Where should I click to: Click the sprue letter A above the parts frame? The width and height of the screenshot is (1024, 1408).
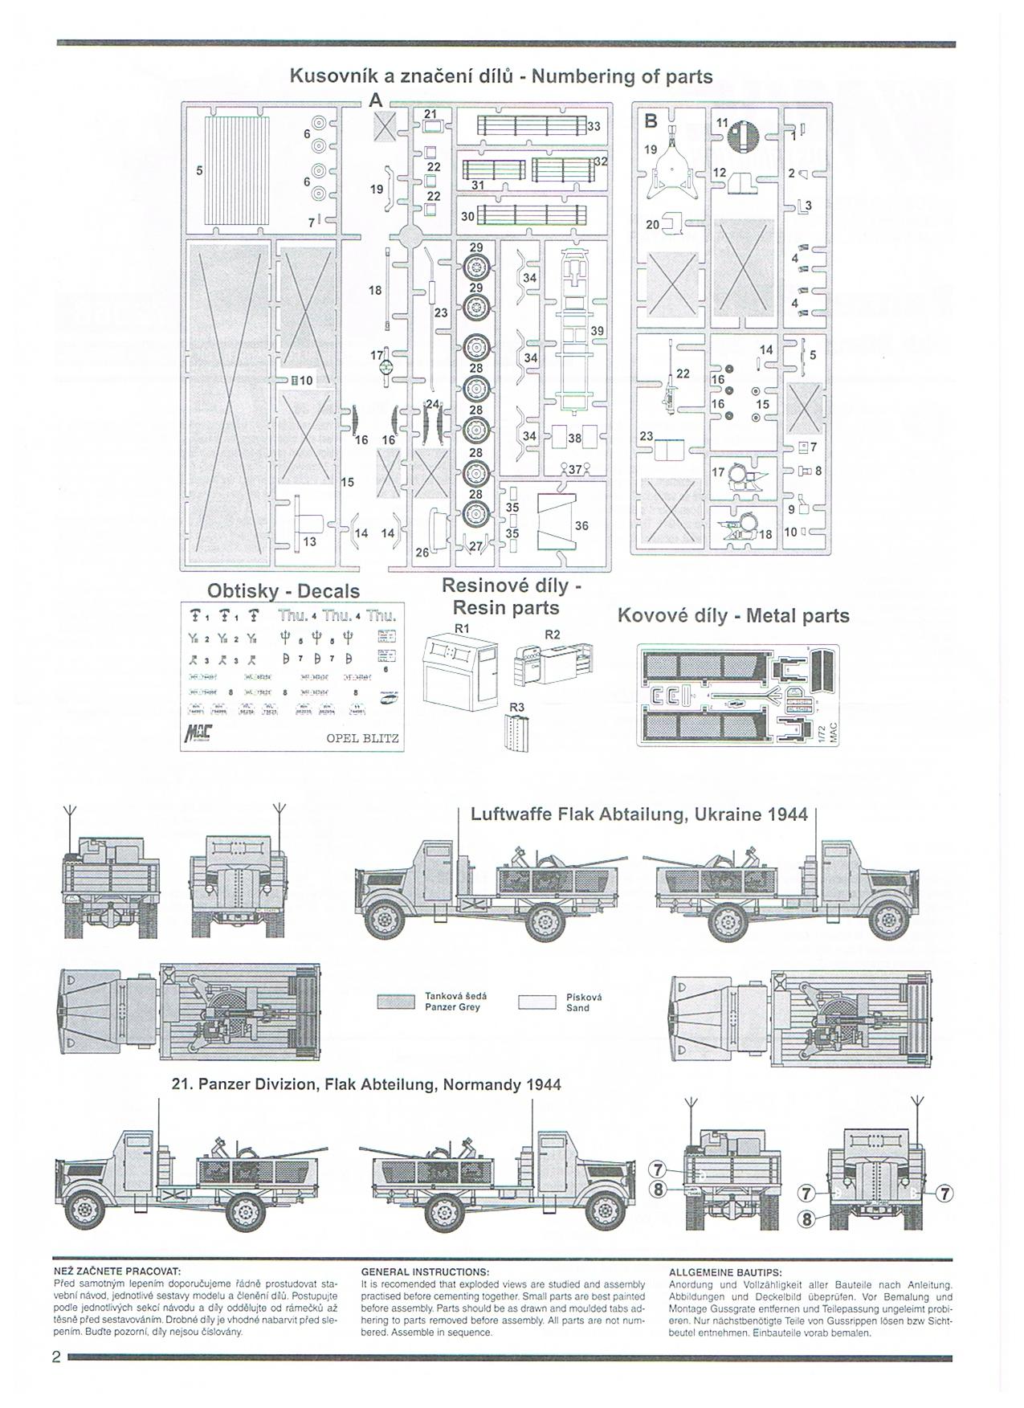tap(375, 101)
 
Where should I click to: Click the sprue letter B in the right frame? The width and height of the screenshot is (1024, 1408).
tap(651, 121)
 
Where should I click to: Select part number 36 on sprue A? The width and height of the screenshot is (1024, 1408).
tap(557, 523)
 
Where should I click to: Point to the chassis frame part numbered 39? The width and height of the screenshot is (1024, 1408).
tap(576, 329)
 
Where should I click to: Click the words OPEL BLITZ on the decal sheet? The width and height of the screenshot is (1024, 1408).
tap(362, 739)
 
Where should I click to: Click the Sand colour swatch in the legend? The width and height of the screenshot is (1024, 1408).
tap(537, 1002)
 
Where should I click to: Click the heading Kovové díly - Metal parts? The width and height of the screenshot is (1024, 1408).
tap(732, 616)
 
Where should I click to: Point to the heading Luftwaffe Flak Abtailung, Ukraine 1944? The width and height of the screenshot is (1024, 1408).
tap(638, 814)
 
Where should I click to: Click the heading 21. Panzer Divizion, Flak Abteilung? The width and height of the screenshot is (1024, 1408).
tap(366, 1084)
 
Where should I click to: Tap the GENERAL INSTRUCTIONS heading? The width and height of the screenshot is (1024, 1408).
tap(425, 1272)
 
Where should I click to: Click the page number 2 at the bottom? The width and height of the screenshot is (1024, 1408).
tap(56, 1357)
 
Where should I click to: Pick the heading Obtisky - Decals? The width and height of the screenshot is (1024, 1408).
tap(284, 591)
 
